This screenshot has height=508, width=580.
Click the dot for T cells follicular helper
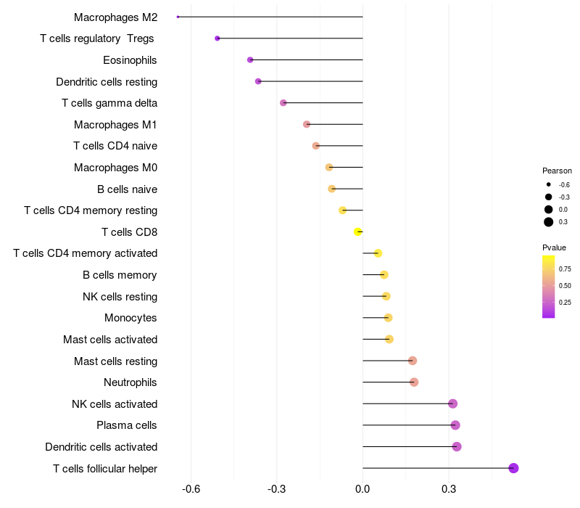pyautogui.click(x=513, y=468)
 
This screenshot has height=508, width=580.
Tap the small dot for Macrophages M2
pyautogui.click(x=178, y=17)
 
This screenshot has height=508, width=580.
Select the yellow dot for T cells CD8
pyautogui.click(x=357, y=232)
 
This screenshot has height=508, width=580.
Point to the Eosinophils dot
pyautogui.click(x=250, y=60)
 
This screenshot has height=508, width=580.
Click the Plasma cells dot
pyautogui.click(x=455, y=425)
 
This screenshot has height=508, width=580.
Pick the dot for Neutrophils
pyautogui.click(x=414, y=382)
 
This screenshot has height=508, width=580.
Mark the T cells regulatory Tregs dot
pyautogui.click(x=217, y=38)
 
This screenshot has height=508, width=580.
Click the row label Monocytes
pyautogui.click(x=130, y=318)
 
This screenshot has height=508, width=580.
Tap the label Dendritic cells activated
pyautogui.click(x=101, y=447)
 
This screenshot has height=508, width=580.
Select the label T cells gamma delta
pyautogui.click(x=109, y=103)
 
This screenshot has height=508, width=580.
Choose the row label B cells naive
pyautogui.click(x=127, y=189)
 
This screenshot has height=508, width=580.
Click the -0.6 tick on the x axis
pyautogui.click(x=191, y=488)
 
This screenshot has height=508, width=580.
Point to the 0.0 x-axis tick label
pyautogui.click(x=362, y=488)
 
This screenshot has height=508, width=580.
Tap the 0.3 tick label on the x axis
pyautogui.click(x=448, y=488)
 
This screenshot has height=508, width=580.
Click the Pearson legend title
pyautogui.click(x=557, y=171)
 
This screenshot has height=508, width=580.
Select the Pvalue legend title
pyautogui.click(x=555, y=247)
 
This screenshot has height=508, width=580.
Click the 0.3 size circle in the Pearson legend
pyautogui.click(x=549, y=222)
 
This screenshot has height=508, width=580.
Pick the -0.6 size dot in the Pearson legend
pyautogui.click(x=549, y=185)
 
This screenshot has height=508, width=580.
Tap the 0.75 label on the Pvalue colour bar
pyautogui.click(x=565, y=269)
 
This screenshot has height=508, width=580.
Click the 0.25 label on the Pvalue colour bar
pyautogui.click(x=565, y=302)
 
